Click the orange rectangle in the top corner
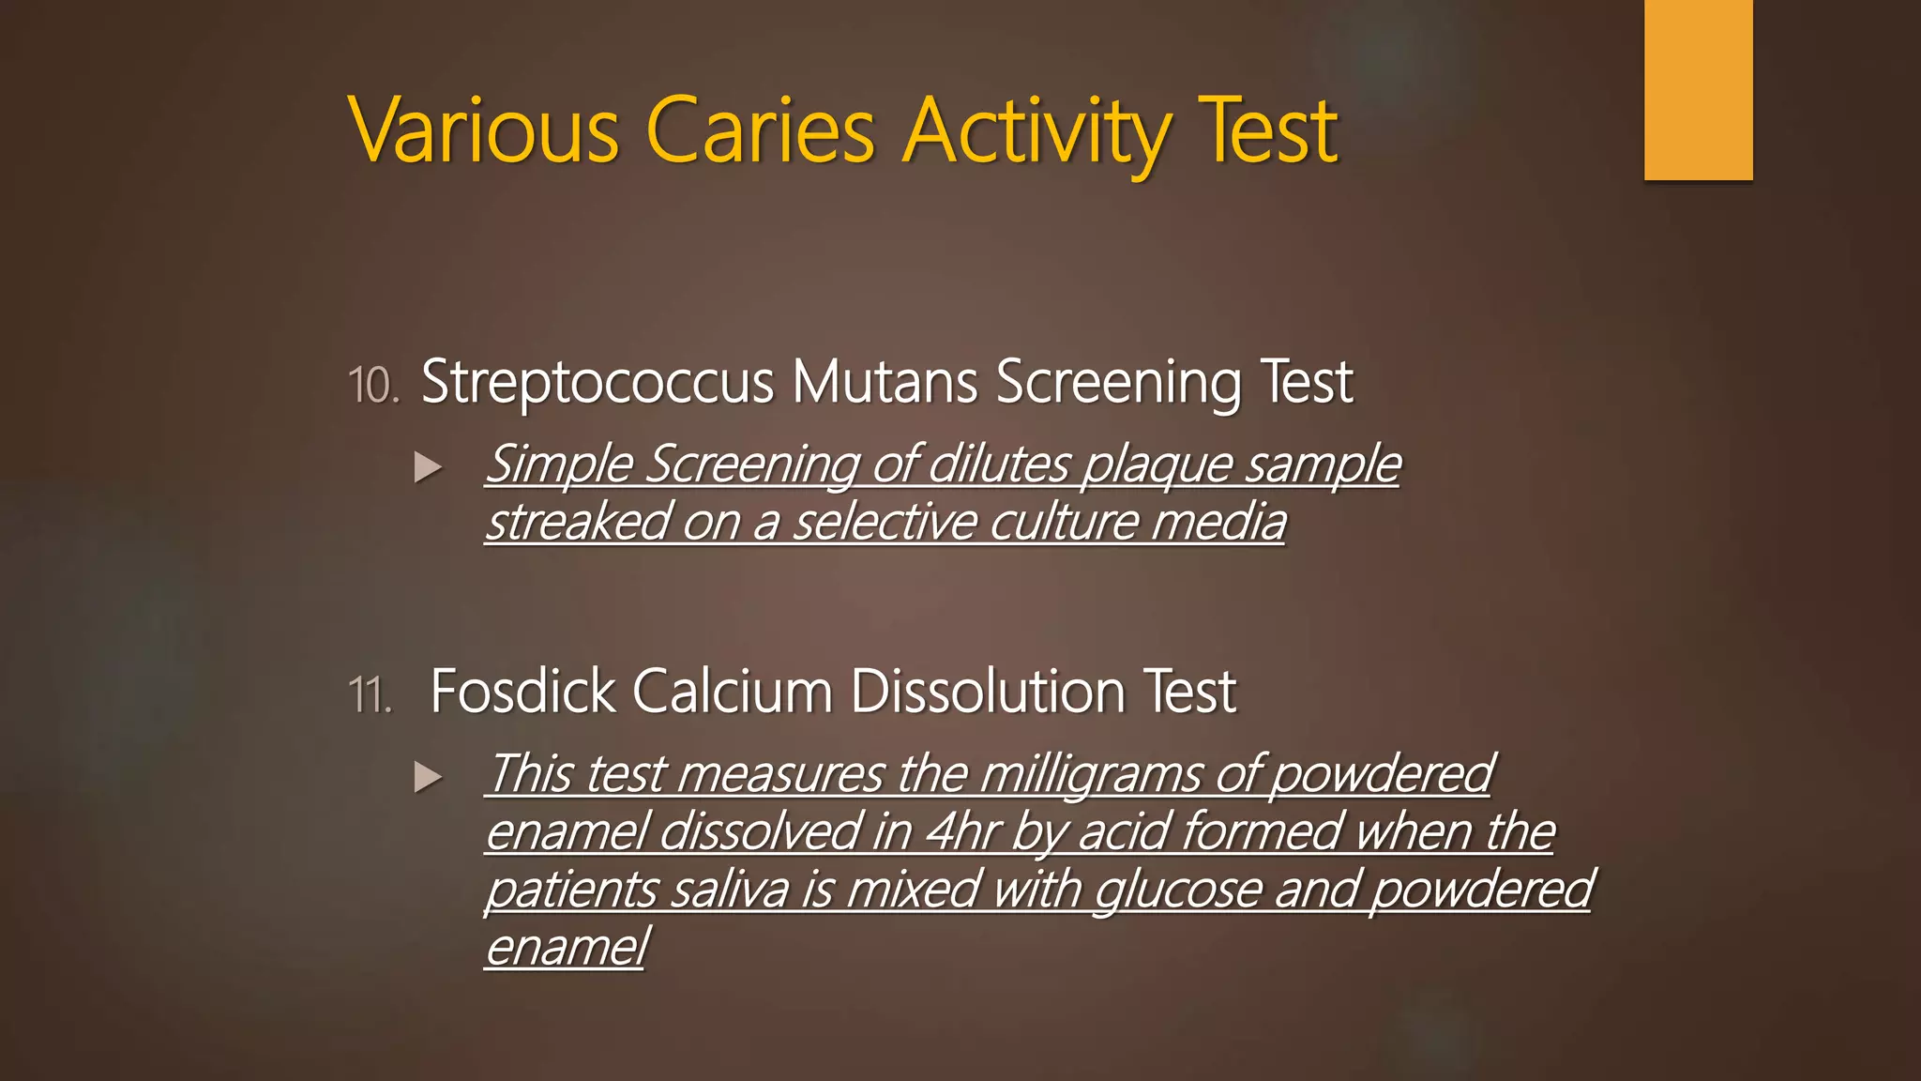(x=1698, y=89)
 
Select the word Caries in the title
(x=761, y=131)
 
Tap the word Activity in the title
(x=1037, y=131)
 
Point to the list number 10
(x=373, y=386)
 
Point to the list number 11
(x=370, y=695)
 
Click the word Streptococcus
(x=597, y=383)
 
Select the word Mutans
(x=885, y=383)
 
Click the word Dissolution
(x=988, y=692)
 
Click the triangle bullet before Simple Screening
(x=428, y=466)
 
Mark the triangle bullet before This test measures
(x=428, y=776)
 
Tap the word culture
(x=1064, y=523)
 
